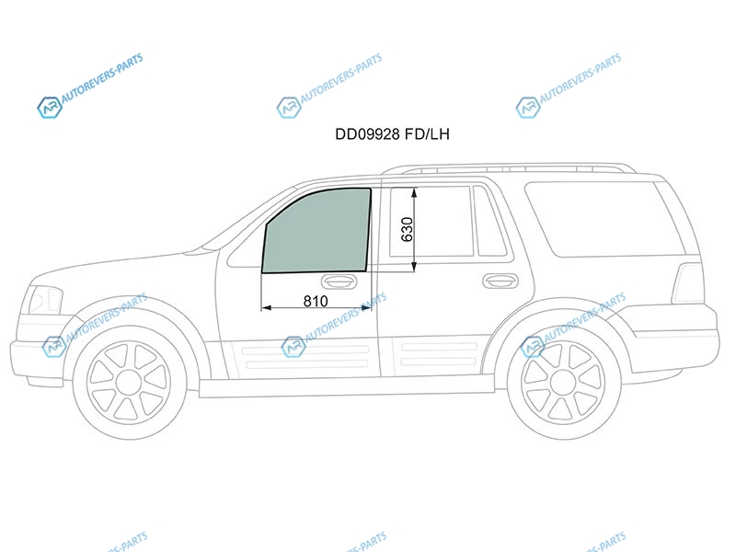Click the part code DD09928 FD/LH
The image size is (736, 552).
[x=392, y=134]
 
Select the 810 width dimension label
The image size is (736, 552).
[x=316, y=301]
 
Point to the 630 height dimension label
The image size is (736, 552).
[x=407, y=229]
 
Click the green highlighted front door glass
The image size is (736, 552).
[x=316, y=231]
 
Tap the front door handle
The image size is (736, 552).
[x=339, y=282]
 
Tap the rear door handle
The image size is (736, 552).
[x=500, y=281]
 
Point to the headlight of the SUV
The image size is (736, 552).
[x=44, y=300]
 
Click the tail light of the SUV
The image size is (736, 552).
[x=687, y=283]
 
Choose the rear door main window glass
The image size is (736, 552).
[x=431, y=221]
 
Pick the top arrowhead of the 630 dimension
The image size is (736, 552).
[x=414, y=192]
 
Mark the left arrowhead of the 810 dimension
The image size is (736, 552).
[x=266, y=308]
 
